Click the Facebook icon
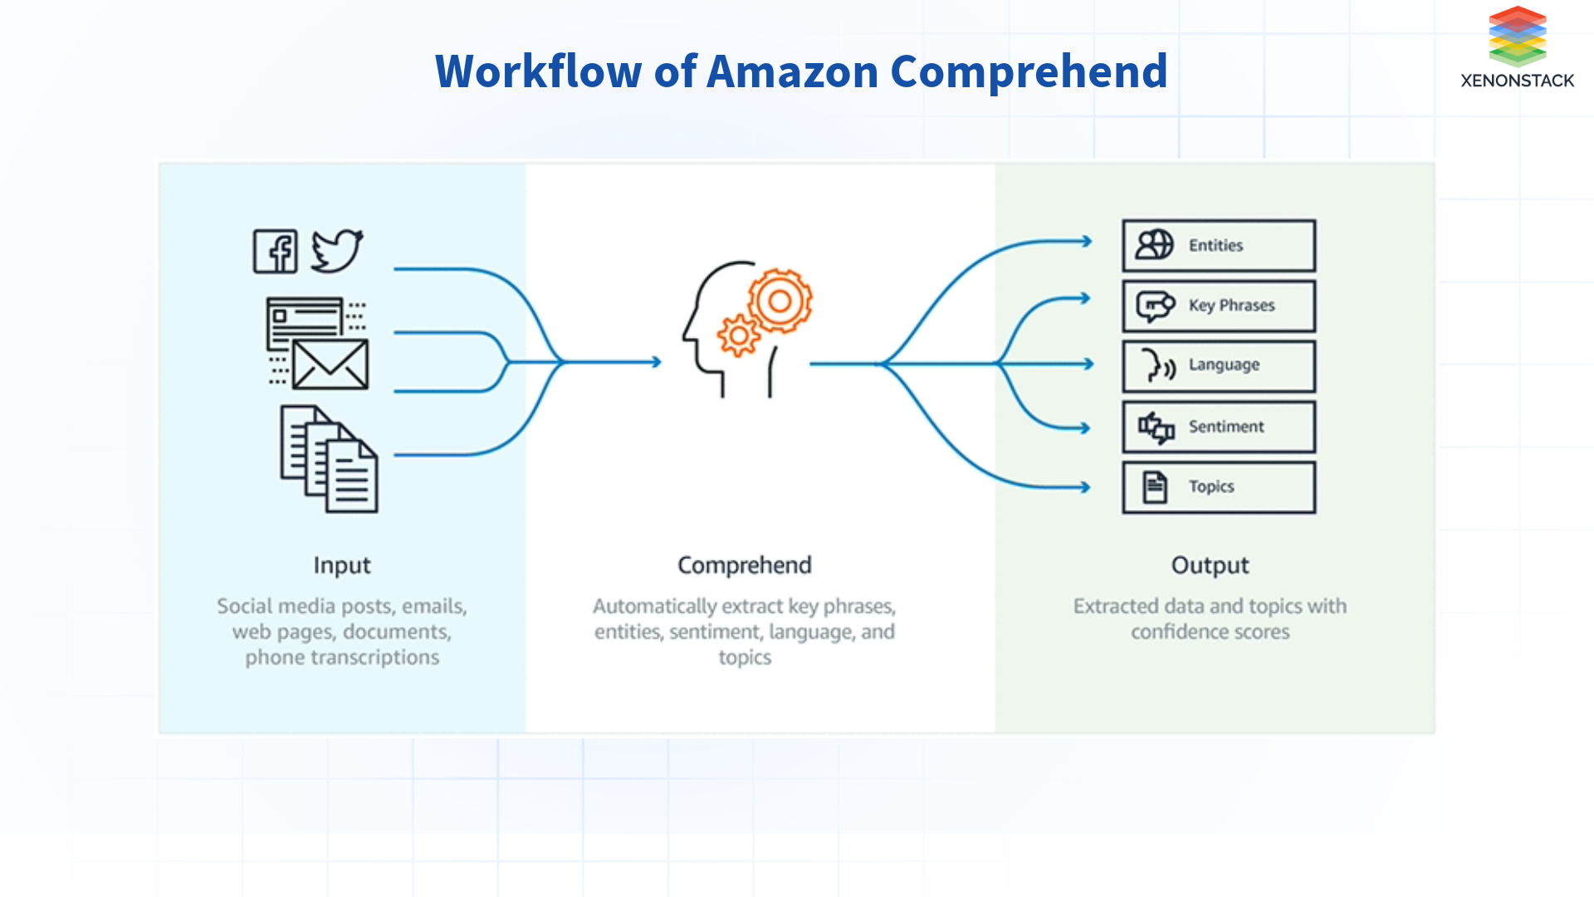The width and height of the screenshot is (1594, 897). click(275, 251)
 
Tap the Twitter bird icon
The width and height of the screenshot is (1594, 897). click(336, 250)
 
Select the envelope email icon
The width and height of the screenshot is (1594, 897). click(330, 365)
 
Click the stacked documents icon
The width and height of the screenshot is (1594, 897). click(330, 458)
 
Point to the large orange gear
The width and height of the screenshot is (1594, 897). click(780, 301)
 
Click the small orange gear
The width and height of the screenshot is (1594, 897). click(738, 336)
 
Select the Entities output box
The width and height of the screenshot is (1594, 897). click(1218, 246)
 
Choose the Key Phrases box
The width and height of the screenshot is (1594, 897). click(1218, 306)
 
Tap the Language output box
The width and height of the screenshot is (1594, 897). click(1218, 365)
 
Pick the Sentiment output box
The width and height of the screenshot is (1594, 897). click(1218, 427)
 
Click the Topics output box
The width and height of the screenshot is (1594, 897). click(1218, 488)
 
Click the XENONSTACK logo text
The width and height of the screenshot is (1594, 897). click(1517, 81)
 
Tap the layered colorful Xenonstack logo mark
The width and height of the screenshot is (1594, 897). click(1517, 36)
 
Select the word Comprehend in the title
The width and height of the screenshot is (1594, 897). click(1029, 71)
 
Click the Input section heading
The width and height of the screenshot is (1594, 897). click(342, 566)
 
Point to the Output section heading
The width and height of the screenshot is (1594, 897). click(1210, 566)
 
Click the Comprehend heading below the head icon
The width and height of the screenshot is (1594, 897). click(744, 566)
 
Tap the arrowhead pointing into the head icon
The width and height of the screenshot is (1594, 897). click(656, 362)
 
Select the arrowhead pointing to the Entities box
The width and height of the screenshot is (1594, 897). click(1086, 242)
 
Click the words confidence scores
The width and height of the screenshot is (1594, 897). click(1210, 632)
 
